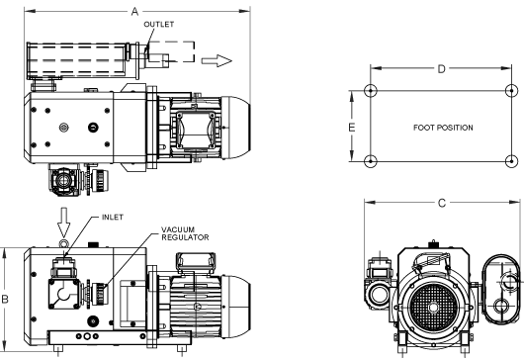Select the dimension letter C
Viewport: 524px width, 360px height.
point(440,203)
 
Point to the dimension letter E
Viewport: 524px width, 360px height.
point(351,127)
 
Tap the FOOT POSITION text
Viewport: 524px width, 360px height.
point(440,128)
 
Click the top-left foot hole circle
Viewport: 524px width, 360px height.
point(370,91)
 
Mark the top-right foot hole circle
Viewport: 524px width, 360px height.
point(511,91)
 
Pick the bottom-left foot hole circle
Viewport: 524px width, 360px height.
point(370,161)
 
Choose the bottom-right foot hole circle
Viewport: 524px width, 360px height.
point(511,161)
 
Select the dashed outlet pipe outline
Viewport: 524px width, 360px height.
point(173,52)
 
